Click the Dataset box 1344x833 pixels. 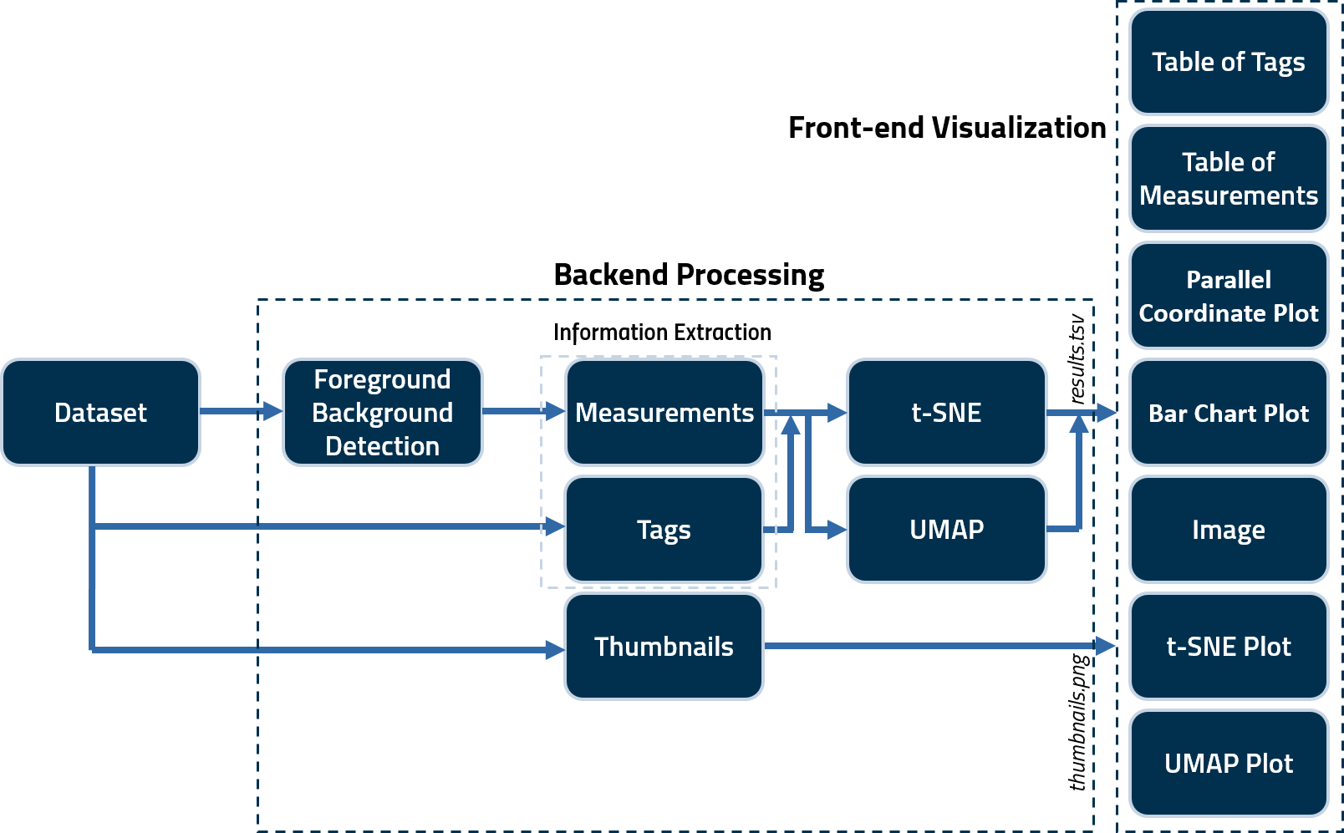pos(100,412)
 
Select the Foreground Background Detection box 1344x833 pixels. pos(383,412)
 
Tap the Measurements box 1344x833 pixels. pos(664,412)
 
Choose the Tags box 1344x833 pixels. pos(664,529)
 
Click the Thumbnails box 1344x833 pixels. pos(664,646)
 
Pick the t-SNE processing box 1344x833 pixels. pos(946,412)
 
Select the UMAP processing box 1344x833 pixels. pos(946,529)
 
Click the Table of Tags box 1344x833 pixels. pos(1228,62)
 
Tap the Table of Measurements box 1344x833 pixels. pos(1228,178)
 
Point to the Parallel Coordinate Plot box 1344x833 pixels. pos(1228,296)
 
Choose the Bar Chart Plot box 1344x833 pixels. pos(1228,413)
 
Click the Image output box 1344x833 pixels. pos(1228,529)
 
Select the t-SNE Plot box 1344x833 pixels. pos(1228,646)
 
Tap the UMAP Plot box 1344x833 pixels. pos(1228,763)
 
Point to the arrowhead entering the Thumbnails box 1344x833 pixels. pos(555,649)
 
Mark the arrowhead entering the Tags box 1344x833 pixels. pos(555,526)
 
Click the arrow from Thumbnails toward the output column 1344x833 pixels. pos(928,646)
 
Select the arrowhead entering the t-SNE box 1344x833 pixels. pos(837,412)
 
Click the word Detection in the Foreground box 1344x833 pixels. pos(382,446)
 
